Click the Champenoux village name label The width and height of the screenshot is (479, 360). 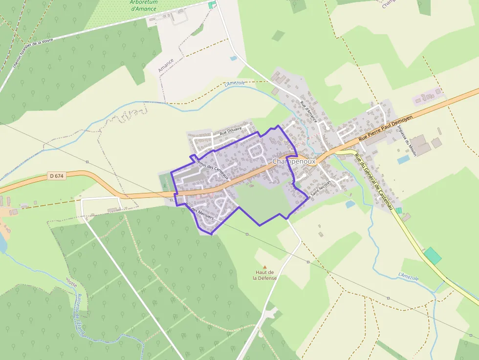click(x=294, y=161)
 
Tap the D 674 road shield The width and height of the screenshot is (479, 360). click(x=57, y=176)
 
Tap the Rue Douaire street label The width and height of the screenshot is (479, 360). click(x=231, y=131)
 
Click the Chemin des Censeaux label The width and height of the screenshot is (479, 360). click(x=211, y=166)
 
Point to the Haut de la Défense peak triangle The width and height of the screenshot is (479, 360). click(x=265, y=267)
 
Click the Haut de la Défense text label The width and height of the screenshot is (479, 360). click(x=264, y=275)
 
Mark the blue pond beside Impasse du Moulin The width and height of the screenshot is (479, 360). click(x=403, y=160)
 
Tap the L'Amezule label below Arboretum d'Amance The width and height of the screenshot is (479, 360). click(x=235, y=84)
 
